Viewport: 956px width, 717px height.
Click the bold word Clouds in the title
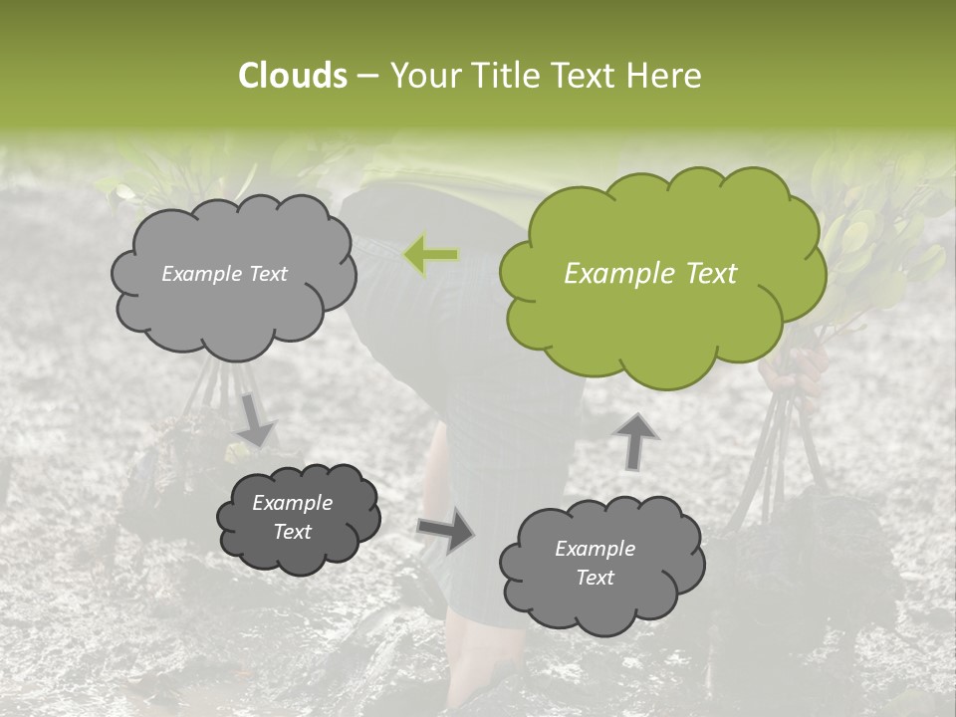point(293,75)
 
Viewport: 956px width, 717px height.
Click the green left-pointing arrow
point(430,255)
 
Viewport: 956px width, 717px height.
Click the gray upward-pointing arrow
point(635,440)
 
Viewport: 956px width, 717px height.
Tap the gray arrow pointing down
point(255,419)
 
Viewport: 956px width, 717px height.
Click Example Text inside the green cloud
point(650,274)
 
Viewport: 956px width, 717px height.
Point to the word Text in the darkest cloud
point(293,532)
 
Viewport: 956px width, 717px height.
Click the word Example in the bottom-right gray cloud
point(595,549)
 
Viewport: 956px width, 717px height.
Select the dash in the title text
point(366,75)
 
